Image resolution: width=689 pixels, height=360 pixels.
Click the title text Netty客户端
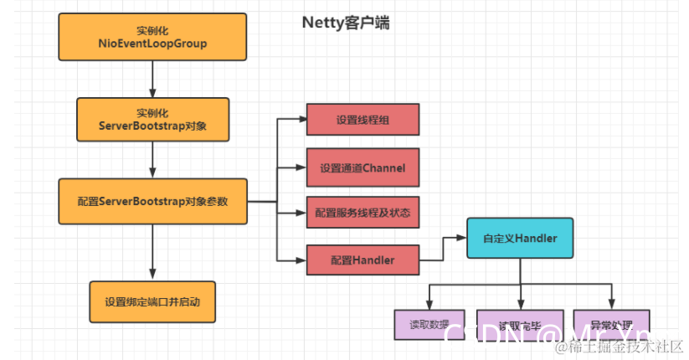click(x=345, y=23)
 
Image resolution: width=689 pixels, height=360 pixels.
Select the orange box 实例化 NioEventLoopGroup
click(x=152, y=38)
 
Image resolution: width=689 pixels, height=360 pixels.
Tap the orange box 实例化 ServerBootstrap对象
click(x=152, y=119)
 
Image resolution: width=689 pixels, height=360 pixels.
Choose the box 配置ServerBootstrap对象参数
click(x=152, y=201)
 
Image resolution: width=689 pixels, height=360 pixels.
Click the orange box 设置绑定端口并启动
click(x=152, y=301)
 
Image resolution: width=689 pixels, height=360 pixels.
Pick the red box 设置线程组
click(x=362, y=119)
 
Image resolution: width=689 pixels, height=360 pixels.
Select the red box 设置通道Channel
click(x=362, y=167)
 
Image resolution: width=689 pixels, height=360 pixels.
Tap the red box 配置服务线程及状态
click(x=362, y=213)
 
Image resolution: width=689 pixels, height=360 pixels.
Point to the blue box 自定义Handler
click(x=520, y=239)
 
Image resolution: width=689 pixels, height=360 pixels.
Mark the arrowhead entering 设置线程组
click(x=301, y=119)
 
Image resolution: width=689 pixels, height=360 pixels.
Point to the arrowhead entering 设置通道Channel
click(x=301, y=167)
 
